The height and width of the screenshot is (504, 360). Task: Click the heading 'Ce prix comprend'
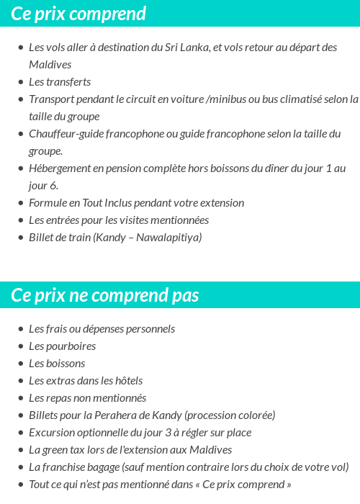pos(78,14)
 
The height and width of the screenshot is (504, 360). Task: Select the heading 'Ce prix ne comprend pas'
pos(105,295)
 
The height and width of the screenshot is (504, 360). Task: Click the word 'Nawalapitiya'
pos(169,238)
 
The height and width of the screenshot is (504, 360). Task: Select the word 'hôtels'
pos(125,381)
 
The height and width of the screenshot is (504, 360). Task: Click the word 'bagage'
pos(103,467)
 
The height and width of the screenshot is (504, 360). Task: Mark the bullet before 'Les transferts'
pos(20,82)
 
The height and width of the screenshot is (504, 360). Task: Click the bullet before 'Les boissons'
pos(20,364)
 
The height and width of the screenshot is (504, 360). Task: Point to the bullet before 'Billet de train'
pos(20,238)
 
